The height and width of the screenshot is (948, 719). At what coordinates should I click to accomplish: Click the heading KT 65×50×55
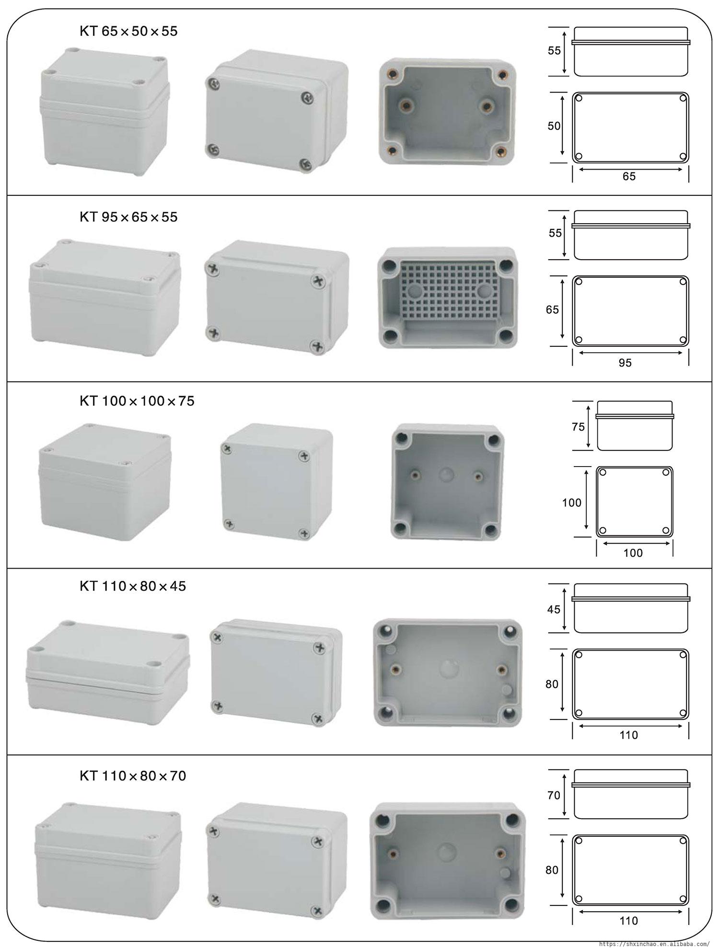[x=128, y=32]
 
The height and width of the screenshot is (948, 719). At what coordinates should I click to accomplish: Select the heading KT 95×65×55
[x=128, y=217]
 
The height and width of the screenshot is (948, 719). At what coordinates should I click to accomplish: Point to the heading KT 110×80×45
[x=133, y=586]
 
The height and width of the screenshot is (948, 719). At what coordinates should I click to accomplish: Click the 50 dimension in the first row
[x=554, y=126]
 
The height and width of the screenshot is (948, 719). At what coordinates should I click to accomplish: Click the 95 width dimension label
[x=625, y=363]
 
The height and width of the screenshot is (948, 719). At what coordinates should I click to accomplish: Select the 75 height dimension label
[x=578, y=426]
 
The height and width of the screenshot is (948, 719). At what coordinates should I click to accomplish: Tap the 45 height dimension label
[x=554, y=609]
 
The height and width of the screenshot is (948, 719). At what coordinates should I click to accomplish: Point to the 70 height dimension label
[x=554, y=795]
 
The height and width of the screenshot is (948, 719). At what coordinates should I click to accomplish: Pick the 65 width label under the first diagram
[x=629, y=176]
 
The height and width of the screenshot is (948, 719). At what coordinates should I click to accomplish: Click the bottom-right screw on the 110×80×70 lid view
[x=316, y=910]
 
